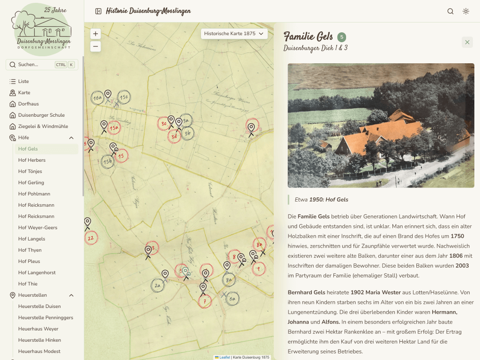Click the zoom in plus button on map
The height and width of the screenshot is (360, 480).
(x=96, y=34)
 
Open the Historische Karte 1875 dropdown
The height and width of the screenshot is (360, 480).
(x=234, y=34)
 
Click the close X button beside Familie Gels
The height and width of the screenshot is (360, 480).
(x=467, y=42)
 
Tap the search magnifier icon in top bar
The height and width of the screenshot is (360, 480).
(x=450, y=11)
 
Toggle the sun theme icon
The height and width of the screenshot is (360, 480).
(x=466, y=11)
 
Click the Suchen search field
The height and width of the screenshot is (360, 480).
(x=42, y=65)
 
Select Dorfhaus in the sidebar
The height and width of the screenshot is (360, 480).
(x=29, y=104)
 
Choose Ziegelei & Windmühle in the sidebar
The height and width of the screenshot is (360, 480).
(x=43, y=127)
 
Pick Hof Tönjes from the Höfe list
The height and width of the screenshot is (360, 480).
(x=30, y=172)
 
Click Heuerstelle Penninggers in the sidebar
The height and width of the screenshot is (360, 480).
(x=45, y=318)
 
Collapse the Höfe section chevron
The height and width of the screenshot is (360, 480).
(x=72, y=138)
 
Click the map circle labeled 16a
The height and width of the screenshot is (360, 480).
(x=97, y=98)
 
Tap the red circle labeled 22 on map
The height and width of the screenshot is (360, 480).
(x=91, y=238)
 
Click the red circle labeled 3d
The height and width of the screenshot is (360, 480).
(x=174, y=136)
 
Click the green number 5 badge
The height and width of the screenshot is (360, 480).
(x=342, y=37)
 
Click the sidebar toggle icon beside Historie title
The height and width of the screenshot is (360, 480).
(x=98, y=11)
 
